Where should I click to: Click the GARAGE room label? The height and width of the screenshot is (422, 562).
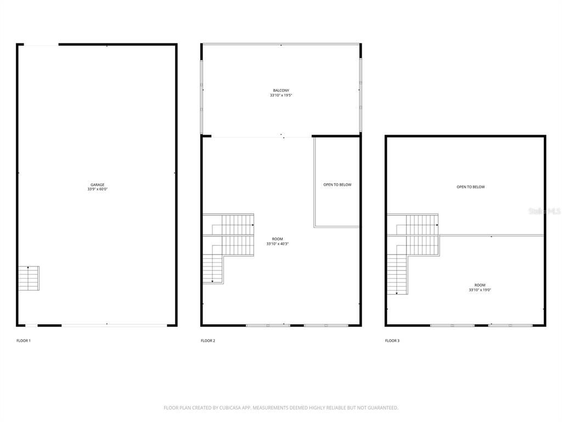click(98, 185)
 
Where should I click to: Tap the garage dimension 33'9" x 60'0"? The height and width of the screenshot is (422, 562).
click(98, 189)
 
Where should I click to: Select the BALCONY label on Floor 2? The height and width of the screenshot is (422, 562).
click(281, 91)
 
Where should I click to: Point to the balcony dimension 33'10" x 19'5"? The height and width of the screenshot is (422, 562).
click(281, 96)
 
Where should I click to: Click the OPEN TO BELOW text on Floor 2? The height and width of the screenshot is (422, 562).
click(337, 185)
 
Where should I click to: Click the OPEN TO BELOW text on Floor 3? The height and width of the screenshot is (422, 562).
click(471, 187)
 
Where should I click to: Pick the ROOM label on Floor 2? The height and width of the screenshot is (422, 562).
click(278, 239)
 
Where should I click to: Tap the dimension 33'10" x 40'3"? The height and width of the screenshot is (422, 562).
click(278, 243)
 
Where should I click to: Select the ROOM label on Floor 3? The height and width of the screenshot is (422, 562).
click(480, 285)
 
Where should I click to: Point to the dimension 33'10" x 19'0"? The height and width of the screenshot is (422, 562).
click(480, 290)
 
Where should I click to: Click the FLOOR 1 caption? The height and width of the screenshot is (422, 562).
click(24, 341)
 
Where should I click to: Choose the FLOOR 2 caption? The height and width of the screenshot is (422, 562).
click(208, 341)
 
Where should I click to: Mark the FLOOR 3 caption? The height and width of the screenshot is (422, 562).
click(392, 341)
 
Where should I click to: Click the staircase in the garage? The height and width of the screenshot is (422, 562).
click(29, 278)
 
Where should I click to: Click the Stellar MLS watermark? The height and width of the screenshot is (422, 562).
click(543, 210)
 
